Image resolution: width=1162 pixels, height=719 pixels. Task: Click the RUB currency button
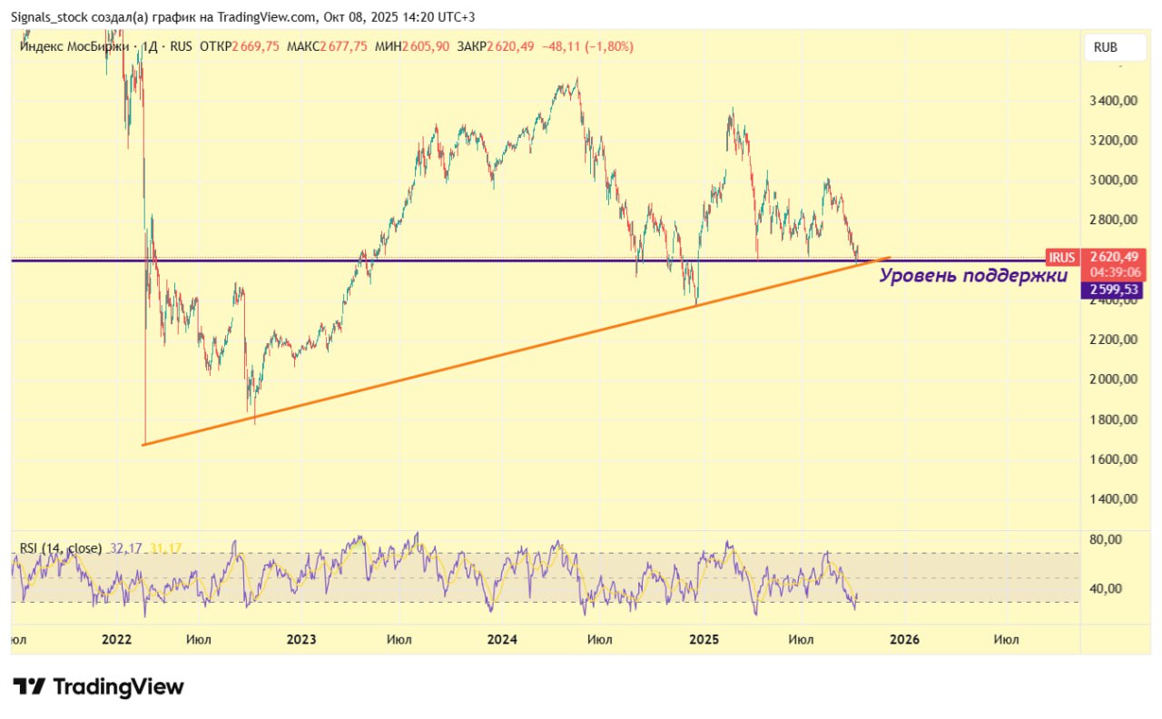coord(1105,47)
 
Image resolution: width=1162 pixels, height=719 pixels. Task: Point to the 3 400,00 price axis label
coord(1113,101)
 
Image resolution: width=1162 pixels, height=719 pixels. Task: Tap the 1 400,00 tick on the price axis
coord(1113,498)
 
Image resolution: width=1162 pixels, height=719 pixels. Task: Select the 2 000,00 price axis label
coord(1113,379)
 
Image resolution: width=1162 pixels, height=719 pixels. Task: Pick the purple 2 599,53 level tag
coord(1112,290)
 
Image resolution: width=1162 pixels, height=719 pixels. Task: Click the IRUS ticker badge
coord(1061,257)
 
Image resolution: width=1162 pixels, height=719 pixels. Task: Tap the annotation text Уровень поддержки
coord(973,276)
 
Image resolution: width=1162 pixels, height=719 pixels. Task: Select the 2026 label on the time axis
coord(904,639)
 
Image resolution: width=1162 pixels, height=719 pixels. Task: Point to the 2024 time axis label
coord(501,639)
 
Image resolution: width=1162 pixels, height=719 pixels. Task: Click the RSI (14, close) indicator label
coord(61,547)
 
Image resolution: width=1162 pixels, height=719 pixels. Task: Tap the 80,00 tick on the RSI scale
coord(1105,539)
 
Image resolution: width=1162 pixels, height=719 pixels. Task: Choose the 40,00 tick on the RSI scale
coord(1105,588)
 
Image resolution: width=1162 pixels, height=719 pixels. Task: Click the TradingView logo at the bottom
coord(98,686)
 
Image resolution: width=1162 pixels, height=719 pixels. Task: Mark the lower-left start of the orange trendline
coord(144,444)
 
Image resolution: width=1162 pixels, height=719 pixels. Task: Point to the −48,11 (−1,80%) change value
coord(587,46)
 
